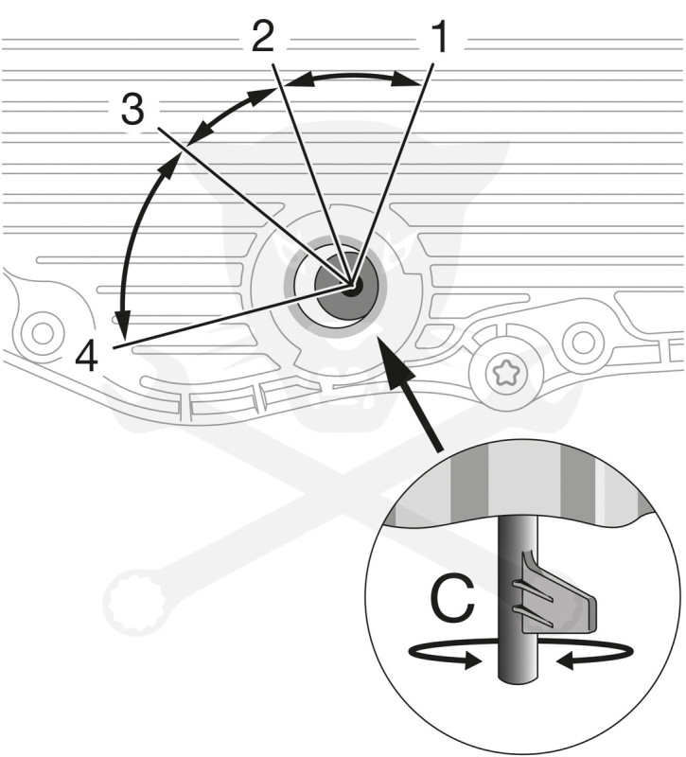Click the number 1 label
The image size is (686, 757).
click(439, 38)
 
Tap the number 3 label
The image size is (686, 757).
click(132, 111)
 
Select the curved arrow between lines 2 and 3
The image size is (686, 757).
click(227, 114)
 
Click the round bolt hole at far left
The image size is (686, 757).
click(40, 332)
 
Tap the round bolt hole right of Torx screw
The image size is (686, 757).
click(583, 338)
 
